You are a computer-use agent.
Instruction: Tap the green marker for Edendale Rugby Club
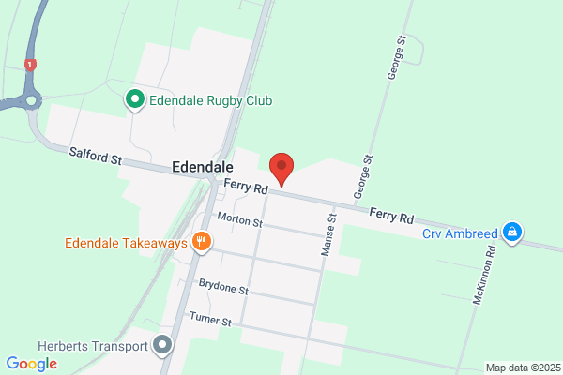[x=134, y=97]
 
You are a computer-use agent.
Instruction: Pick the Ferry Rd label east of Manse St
[x=391, y=217]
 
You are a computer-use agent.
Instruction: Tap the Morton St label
[x=239, y=221]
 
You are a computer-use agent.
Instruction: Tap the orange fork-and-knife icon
[x=201, y=243]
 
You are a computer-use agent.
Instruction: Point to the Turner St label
[x=210, y=320]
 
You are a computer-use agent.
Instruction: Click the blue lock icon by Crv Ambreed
[x=511, y=232]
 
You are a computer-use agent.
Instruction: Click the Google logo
[x=31, y=363]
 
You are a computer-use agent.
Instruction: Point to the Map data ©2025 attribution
[x=522, y=367]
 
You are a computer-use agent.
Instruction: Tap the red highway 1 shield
[x=31, y=64]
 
